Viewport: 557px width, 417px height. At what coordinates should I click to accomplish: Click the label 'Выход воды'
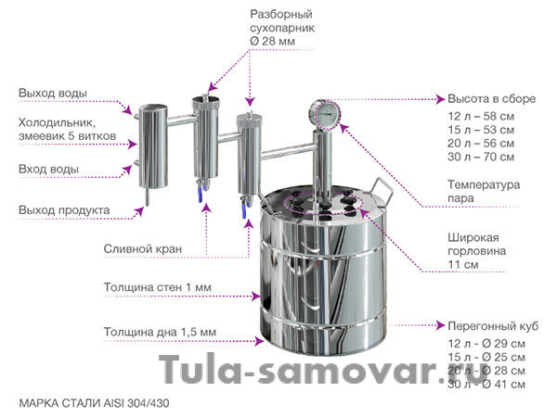(54, 95)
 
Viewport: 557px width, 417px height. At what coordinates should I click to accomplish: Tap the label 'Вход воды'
(48, 170)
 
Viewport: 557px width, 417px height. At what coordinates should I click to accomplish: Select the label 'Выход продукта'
(64, 210)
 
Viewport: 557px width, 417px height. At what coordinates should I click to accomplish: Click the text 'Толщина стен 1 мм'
(158, 287)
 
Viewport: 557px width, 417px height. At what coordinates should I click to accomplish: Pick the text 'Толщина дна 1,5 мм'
(161, 331)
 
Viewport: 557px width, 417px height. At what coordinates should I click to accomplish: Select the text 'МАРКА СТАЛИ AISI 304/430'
(95, 403)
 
